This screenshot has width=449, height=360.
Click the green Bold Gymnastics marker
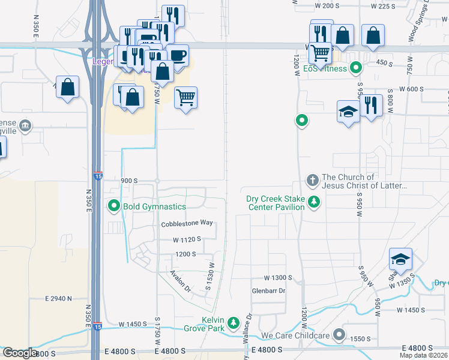point(115,206)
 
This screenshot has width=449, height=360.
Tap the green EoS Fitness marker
point(356,68)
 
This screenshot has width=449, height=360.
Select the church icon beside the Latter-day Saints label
point(312,180)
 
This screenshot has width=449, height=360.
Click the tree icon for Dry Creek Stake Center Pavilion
point(313,203)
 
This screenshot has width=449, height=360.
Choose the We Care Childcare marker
point(340,335)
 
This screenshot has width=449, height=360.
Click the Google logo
point(20,353)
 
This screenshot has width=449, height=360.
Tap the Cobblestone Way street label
point(187,223)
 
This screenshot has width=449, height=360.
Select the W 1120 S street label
point(186,239)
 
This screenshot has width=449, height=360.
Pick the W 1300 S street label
point(278,278)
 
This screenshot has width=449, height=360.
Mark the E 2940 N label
point(58,298)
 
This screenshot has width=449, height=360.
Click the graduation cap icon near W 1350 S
point(400,259)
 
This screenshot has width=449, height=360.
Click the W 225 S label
point(384,6)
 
